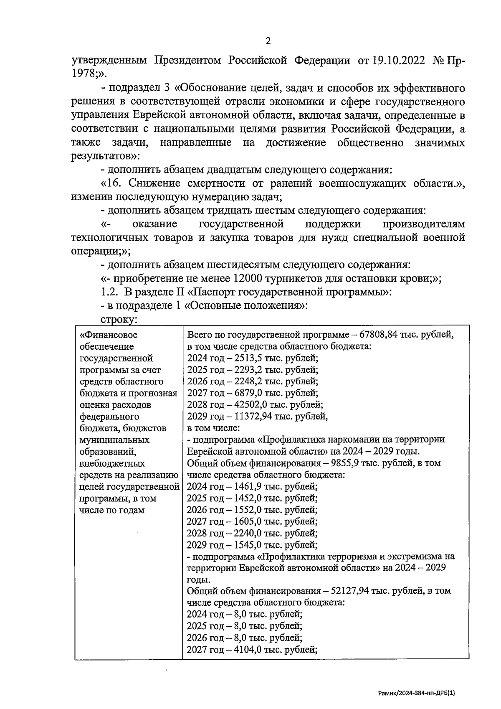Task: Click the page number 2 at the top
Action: coord(268,41)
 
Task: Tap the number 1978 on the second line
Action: coord(82,74)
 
